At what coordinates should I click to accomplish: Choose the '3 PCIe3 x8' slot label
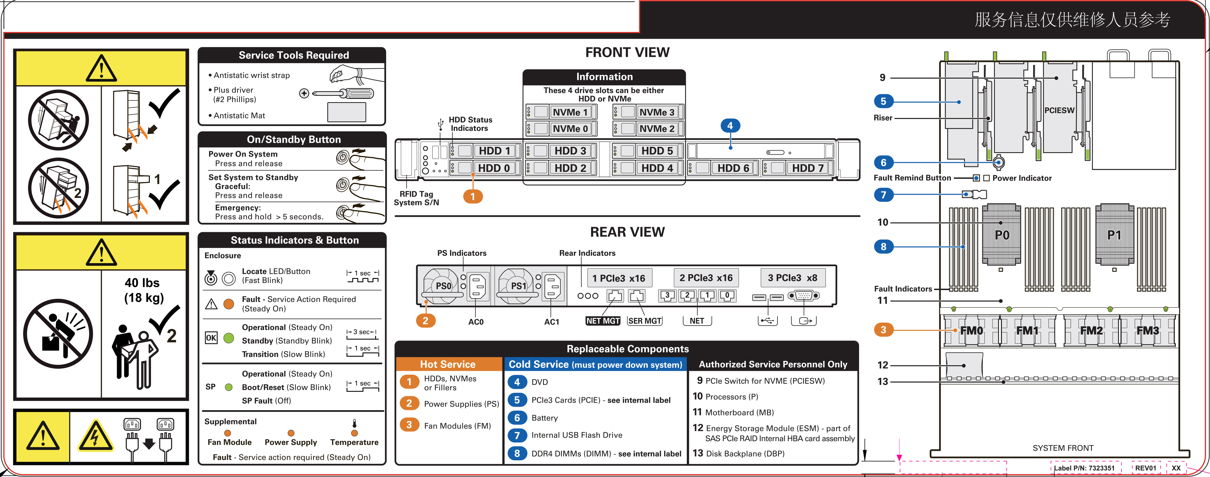[x=792, y=278]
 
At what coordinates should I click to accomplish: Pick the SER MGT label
[x=645, y=321]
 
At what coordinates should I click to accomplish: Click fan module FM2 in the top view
[x=1091, y=330]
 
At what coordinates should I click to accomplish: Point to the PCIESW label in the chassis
[x=1059, y=110]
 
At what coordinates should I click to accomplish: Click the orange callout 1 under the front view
[x=473, y=196]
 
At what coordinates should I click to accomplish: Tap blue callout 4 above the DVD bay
[x=730, y=126]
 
